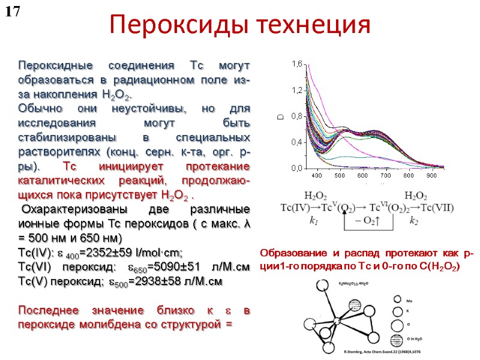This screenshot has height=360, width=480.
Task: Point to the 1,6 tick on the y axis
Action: point(297,64)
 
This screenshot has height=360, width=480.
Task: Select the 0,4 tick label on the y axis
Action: point(297,143)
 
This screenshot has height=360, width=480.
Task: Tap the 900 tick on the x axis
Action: point(431,176)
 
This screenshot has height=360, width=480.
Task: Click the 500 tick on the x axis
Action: point(340,176)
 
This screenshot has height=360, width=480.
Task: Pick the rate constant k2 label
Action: point(413,221)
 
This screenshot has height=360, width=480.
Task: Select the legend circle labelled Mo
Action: point(397,298)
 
